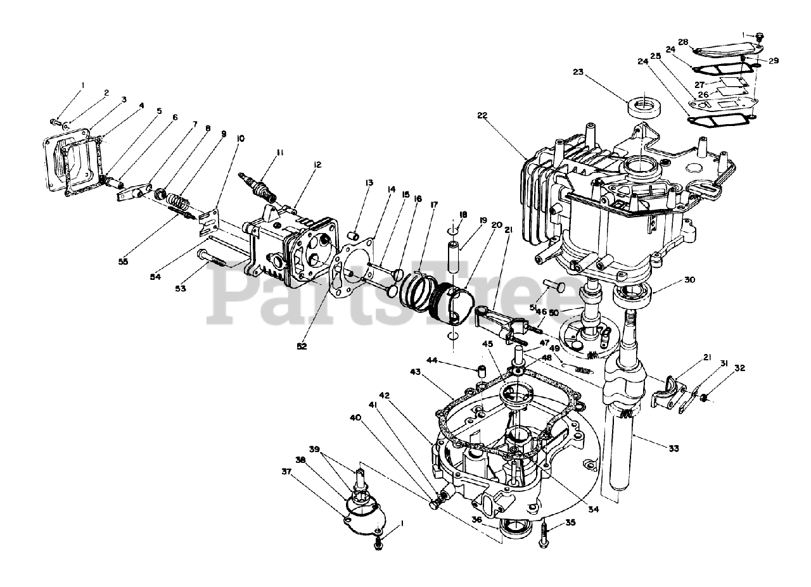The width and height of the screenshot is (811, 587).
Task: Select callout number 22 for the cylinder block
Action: point(483,115)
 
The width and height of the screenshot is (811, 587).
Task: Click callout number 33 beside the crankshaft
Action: point(673,448)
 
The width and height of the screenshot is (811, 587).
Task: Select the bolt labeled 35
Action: point(544,538)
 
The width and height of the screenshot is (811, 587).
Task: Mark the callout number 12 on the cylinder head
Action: point(316,165)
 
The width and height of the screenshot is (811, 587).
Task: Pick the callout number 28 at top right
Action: point(683,42)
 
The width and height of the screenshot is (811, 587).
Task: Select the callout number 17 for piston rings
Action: point(433,205)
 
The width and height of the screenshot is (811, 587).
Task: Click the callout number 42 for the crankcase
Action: point(402,396)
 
